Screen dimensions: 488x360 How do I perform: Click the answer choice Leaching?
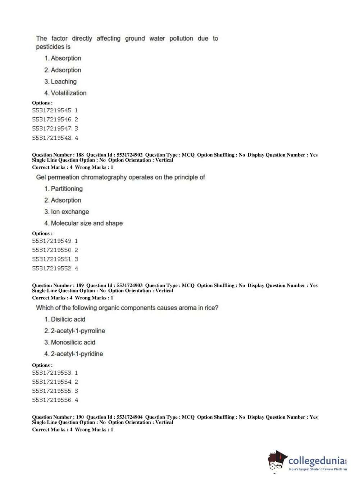(63, 82)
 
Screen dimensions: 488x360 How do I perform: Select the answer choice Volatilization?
(68, 93)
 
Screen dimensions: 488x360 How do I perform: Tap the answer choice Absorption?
(66, 58)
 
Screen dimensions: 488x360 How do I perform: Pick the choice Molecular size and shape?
(86, 223)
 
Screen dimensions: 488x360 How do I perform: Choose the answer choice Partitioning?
(67, 189)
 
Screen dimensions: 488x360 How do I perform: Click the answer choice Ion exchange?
(70, 212)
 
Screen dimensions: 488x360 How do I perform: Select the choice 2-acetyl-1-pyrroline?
(78, 331)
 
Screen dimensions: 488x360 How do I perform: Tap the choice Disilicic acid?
(68, 320)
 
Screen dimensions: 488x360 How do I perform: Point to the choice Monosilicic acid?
(73, 343)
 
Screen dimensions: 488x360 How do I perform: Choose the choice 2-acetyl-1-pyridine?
(77, 354)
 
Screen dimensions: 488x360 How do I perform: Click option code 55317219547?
(52, 129)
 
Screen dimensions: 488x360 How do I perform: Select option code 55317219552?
(52, 268)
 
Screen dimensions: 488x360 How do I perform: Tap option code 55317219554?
(52, 382)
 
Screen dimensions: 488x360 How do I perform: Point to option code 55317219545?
(52, 110)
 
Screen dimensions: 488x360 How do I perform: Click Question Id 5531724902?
(129, 155)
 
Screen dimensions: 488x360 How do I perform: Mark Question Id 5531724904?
(129, 417)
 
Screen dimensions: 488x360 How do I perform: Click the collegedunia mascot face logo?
(277, 461)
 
